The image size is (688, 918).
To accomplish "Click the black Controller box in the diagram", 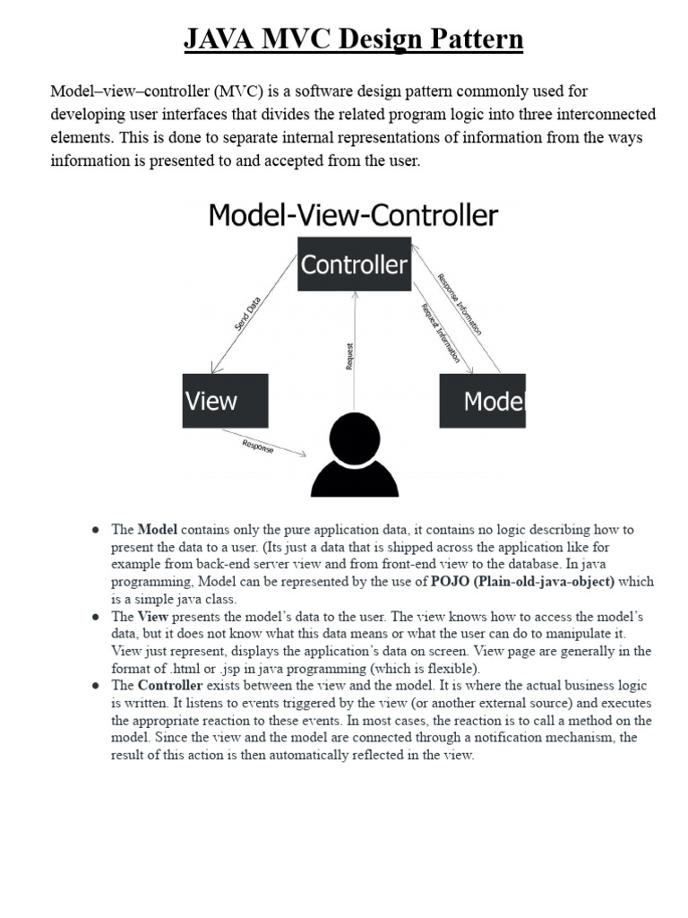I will point(354,264).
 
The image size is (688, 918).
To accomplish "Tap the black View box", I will point(225,401).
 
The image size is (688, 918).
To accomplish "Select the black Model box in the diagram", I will point(482,401).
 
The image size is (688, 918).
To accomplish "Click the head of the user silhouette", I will point(354,438).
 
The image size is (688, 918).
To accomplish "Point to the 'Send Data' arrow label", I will point(248,317).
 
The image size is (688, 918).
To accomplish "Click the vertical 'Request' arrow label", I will point(350,356).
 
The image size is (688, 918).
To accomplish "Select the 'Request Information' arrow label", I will point(440,333).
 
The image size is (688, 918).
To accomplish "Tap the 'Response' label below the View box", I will point(258,446).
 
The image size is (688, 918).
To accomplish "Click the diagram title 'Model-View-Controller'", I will point(354,216).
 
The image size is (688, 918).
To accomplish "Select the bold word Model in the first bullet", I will point(157,530).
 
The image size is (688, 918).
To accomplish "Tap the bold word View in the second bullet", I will point(152,617).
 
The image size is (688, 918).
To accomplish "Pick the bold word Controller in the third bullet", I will point(170,686).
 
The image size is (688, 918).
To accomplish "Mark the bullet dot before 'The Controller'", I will point(94,687).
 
